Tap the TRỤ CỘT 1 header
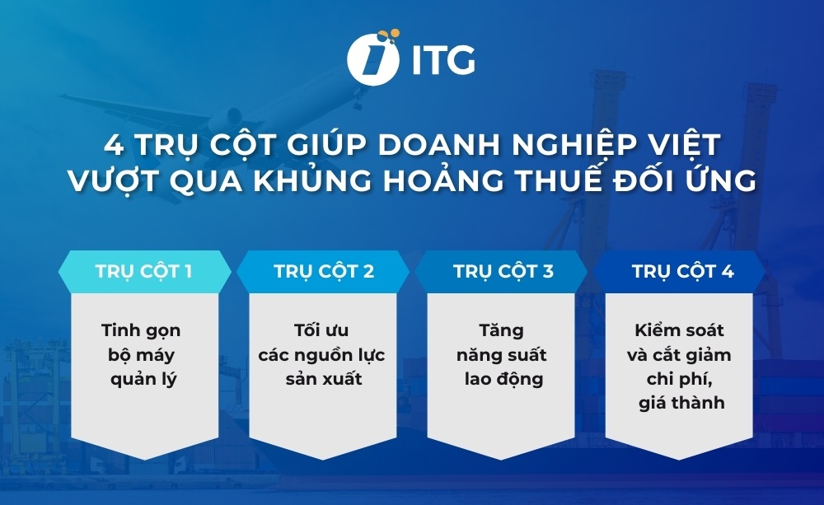coord(143,271)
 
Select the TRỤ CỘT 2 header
coord(323,271)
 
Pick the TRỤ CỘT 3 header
coord(503,271)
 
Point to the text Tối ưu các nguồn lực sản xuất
coord(321,355)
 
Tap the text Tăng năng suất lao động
coord(501,355)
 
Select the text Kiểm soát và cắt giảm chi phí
coord(681,367)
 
